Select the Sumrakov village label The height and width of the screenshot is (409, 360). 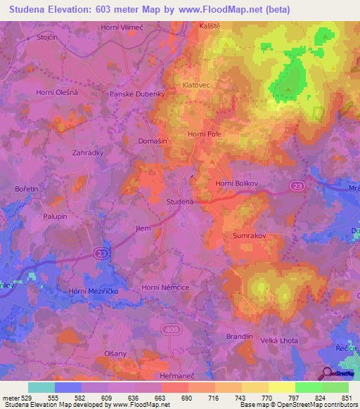[249, 238]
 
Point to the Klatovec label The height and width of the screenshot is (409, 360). [197, 84]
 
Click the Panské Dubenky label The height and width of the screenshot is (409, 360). [136, 93]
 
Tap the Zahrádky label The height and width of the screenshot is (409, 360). [89, 151]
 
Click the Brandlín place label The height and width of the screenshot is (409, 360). [239, 337]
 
